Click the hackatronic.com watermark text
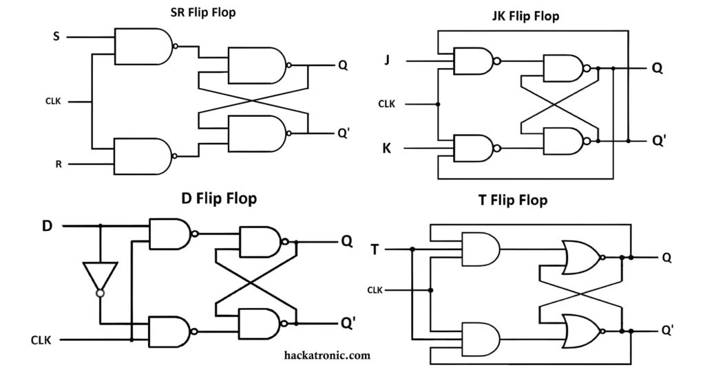tap(327, 355)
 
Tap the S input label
tap(56, 36)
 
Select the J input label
tap(387, 60)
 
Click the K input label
tap(387, 148)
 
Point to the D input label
tap(47, 225)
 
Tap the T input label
tap(375, 249)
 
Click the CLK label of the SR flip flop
tap(53, 102)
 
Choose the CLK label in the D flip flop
tap(41, 340)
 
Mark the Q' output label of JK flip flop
tap(659, 140)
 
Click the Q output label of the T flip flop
tap(666, 257)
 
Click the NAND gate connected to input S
tap(143, 46)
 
